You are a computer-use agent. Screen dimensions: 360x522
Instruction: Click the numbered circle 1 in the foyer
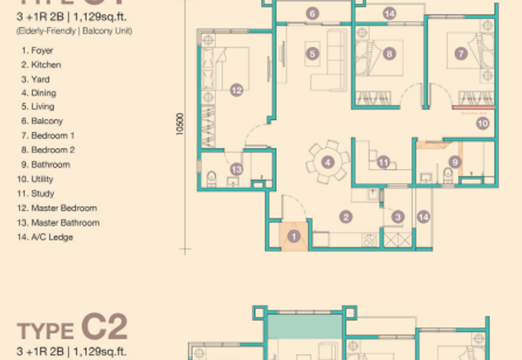pyautogui.click(x=294, y=237)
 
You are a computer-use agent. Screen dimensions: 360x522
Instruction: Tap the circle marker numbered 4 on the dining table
pyautogui.click(x=328, y=162)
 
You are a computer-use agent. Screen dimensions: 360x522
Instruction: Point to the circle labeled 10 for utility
pyautogui.click(x=483, y=122)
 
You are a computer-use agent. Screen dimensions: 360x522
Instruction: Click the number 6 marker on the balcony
pyautogui.click(x=313, y=13)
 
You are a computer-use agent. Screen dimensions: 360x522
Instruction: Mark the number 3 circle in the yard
pyautogui.click(x=398, y=217)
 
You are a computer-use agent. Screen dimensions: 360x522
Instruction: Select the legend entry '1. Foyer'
pyautogui.click(x=37, y=50)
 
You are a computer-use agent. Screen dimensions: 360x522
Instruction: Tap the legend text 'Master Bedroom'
pyautogui.click(x=64, y=208)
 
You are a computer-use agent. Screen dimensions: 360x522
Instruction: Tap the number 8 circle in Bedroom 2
pyautogui.click(x=390, y=54)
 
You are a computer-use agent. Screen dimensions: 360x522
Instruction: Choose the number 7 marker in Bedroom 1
pyautogui.click(x=461, y=54)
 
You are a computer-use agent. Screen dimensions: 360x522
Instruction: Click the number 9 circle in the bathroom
pyautogui.click(x=455, y=162)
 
